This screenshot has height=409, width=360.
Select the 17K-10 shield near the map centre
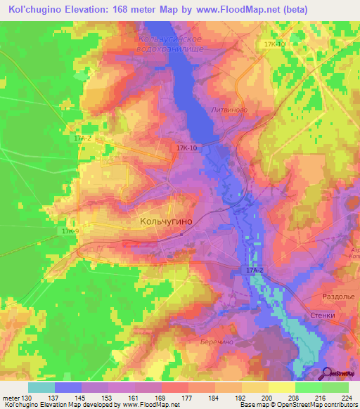coord(187,148)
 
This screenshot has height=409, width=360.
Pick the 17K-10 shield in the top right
coord(274,44)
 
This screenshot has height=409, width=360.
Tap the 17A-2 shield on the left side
coord(82,139)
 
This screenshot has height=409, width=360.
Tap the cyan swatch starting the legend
coord(41,387)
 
